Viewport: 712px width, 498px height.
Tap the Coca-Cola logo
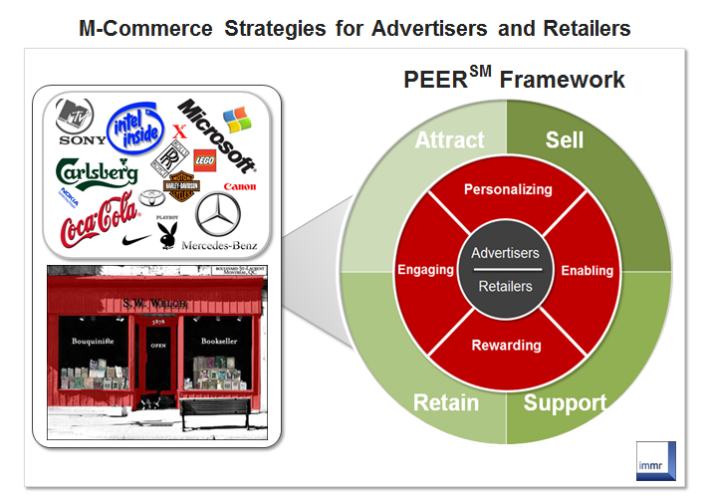click(x=99, y=221)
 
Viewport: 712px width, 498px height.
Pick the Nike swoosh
click(x=136, y=239)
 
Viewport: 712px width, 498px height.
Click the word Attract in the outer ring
click(x=449, y=140)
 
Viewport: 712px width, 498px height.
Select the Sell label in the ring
click(x=564, y=140)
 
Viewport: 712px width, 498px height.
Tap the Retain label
click(x=447, y=403)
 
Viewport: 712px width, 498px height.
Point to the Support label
click(x=565, y=403)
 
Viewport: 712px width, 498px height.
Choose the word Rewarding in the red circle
click(x=507, y=346)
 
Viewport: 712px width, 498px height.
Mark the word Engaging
click(x=425, y=270)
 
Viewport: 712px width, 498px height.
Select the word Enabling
click(x=588, y=271)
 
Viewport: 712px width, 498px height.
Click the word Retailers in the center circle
click(x=505, y=287)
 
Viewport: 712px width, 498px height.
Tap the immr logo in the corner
click(x=656, y=459)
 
